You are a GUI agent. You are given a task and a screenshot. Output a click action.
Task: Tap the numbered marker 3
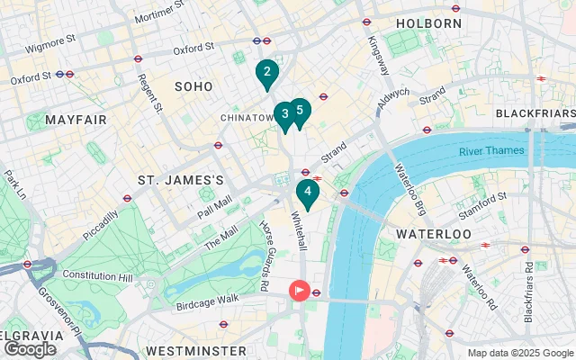pos(284,113)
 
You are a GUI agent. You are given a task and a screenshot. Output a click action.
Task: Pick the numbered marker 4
pos(308,192)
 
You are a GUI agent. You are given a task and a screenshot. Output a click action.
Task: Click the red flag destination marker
pos(298,291)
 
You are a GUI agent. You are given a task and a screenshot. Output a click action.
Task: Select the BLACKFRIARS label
pos(535,113)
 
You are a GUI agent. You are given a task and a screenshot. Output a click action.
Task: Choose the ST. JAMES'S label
pos(180,180)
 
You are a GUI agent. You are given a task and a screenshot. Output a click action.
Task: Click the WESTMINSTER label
pos(195,349)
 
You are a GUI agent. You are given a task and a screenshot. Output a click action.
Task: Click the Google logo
pos(30,349)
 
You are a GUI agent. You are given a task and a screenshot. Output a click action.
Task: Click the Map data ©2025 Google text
pos(519,353)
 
